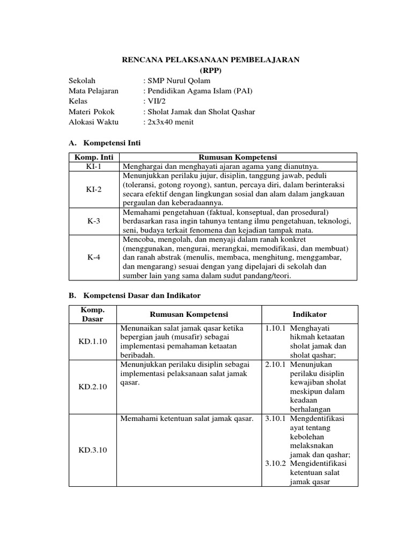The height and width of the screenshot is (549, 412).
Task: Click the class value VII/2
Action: [154, 101]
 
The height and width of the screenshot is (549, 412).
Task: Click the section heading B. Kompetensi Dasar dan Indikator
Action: [135, 295]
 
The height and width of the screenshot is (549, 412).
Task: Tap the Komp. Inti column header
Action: [94, 157]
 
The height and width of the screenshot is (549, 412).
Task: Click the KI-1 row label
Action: [94, 166]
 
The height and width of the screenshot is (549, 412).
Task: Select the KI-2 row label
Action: [94, 189]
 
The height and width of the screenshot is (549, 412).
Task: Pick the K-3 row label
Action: [94, 220]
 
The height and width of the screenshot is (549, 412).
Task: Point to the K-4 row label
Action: [94, 257]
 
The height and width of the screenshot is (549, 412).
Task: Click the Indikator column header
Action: [310, 314]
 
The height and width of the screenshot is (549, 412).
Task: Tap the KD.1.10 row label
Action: [93, 341]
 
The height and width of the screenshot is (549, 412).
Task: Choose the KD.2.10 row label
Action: [93, 386]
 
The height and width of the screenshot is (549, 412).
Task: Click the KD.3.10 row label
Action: [93, 450]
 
